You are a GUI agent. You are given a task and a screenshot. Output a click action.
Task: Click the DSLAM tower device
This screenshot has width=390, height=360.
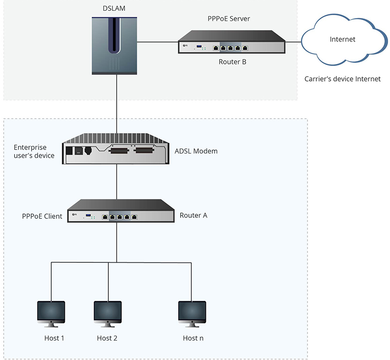tap(115, 45)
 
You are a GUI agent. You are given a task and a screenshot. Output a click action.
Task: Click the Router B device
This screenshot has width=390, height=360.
tap(231, 42)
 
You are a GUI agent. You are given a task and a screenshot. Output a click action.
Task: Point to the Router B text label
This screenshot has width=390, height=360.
tap(231, 62)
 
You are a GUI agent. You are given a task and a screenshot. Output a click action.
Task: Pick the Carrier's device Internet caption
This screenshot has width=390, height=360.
tap(342, 79)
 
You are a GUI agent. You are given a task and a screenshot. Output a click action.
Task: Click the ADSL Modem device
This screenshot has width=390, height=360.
tap(116, 147)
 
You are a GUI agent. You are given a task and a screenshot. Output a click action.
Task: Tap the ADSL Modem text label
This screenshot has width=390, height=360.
tap(196, 151)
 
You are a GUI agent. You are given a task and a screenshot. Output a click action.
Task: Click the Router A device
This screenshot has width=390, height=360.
tap(121, 212)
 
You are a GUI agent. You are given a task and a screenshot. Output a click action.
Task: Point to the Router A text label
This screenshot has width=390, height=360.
tap(193, 215)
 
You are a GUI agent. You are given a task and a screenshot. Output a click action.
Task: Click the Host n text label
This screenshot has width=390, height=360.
tap(192, 338)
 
